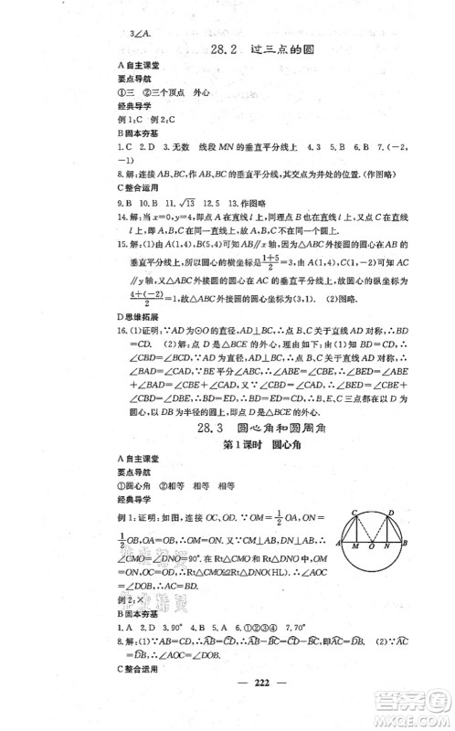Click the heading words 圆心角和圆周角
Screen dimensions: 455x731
pos(284,428)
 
